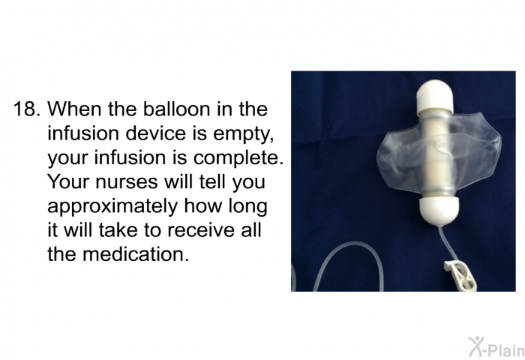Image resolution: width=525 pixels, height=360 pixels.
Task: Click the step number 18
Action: tap(27, 109)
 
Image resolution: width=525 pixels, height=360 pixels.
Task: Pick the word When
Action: tap(74, 109)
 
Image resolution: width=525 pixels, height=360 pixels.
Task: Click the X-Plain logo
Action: tap(496, 347)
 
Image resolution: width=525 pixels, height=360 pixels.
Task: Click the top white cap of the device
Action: tap(435, 94)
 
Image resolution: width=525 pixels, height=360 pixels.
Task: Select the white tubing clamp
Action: tap(460, 274)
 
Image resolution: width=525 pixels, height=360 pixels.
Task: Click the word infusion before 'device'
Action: tap(83, 133)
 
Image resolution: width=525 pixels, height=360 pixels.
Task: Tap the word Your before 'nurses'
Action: tap(69, 181)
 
